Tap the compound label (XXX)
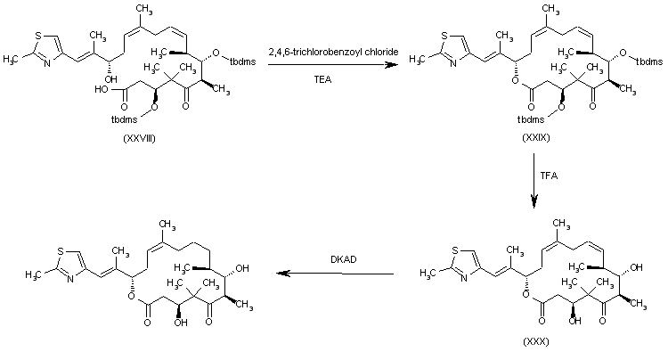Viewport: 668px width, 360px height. [537, 340]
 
